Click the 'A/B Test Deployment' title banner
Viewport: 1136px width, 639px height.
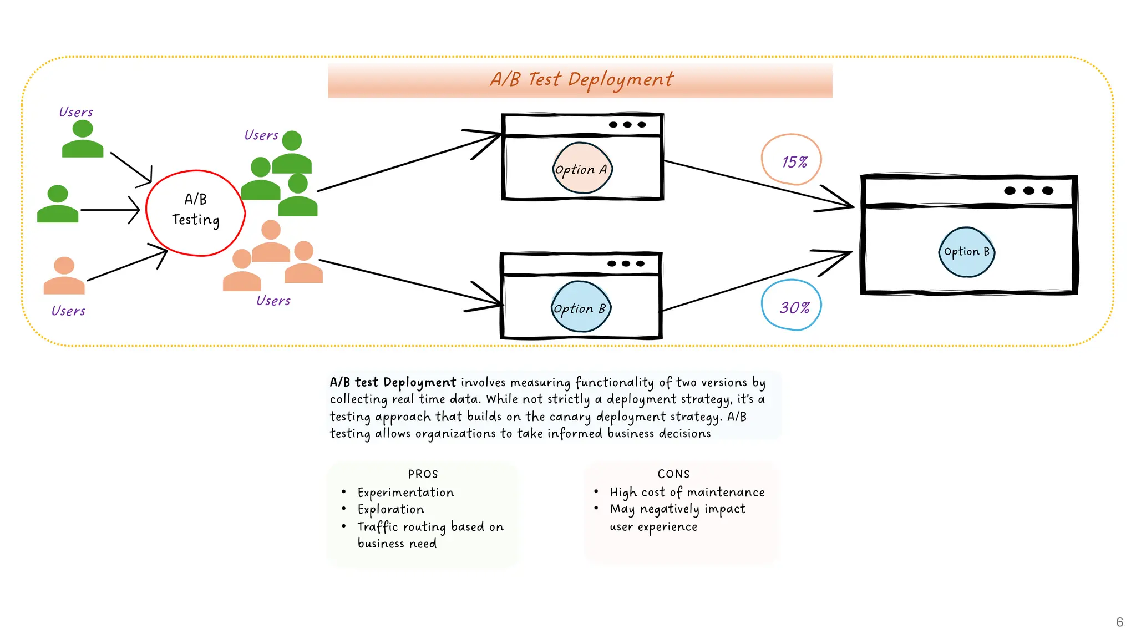click(580, 80)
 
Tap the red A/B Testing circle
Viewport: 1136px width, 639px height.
click(195, 212)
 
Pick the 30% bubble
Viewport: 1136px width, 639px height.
click(792, 306)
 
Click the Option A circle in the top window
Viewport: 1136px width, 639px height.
click(581, 169)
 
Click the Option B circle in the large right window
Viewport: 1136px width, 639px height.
click(966, 252)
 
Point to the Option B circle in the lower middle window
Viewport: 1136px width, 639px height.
click(580, 307)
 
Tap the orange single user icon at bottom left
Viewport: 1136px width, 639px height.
click(64, 276)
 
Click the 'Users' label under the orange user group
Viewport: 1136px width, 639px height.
click(273, 301)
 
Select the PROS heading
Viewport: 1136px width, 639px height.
click(423, 474)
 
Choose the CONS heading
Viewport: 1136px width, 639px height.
click(673, 474)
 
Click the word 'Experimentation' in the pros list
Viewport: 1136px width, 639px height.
click(405, 493)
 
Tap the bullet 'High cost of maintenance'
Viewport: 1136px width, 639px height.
click(687, 492)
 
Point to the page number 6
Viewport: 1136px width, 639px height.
click(1119, 622)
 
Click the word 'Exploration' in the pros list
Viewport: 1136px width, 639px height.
click(390, 509)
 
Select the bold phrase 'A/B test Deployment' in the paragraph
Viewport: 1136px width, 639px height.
click(393, 382)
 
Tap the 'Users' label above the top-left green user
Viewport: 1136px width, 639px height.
click(76, 112)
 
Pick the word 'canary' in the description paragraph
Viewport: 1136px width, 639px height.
click(570, 417)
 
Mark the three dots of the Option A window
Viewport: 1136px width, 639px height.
click(627, 125)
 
